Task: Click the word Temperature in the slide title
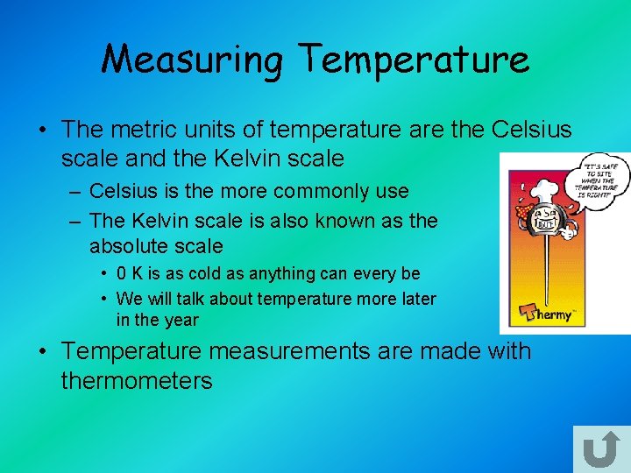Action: click(414, 60)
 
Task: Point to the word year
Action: click(181, 320)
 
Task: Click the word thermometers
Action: click(137, 380)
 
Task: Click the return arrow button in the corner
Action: click(600, 450)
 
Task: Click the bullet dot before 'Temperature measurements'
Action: click(42, 352)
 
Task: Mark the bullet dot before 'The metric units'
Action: click(42, 131)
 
